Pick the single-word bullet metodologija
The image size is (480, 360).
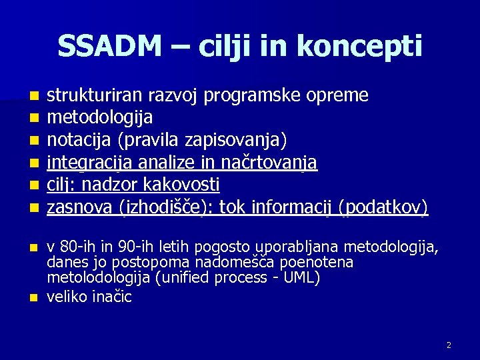99,117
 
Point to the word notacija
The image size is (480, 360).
73,139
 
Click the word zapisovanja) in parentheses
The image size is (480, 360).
248,139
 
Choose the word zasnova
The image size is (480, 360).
75,206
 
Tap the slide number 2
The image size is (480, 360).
449,345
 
